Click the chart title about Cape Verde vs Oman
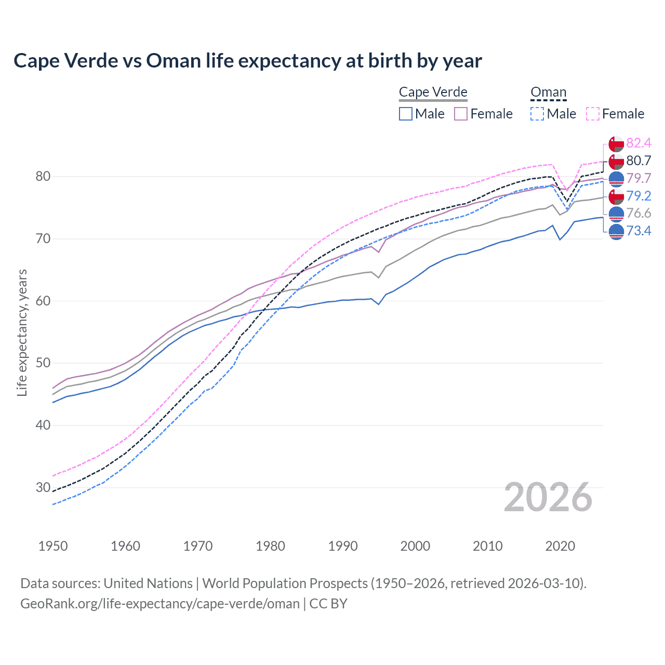(x=247, y=61)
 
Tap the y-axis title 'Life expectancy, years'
(x=22, y=332)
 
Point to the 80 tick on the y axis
(x=43, y=177)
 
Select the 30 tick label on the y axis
(x=43, y=487)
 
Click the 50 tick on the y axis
(x=43, y=363)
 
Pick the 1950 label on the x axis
(x=53, y=546)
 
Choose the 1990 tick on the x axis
(x=343, y=546)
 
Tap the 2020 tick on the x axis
(x=560, y=546)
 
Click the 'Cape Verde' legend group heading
(x=433, y=92)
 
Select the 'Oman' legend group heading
(x=548, y=92)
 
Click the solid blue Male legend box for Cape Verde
(x=406, y=114)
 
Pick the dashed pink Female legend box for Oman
(x=593, y=114)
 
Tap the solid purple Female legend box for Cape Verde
(x=461, y=114)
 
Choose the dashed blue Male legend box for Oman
(x=537, y=114)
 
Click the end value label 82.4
(x=639, y=143)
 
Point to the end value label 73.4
(x=639, y=231)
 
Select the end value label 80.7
(x=639, y=161)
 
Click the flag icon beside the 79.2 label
(x=616, y=196)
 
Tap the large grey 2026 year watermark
(x=548, y=497)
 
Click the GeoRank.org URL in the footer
(x=160, y=604)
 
